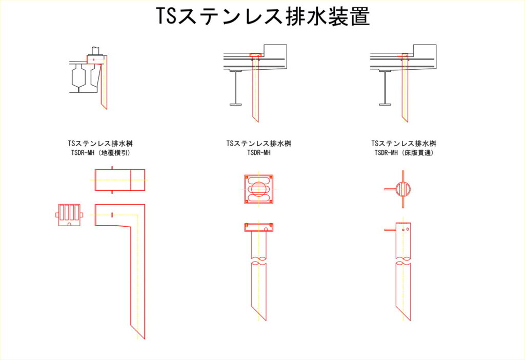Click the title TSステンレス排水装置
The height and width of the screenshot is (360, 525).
click(263, 16)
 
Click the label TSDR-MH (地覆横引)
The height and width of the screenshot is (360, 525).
click(100, 153)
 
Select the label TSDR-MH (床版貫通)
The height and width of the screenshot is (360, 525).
click(404, 153)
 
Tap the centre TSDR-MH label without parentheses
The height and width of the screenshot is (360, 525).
click(259, 153)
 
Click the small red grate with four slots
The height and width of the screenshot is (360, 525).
click(69, 215)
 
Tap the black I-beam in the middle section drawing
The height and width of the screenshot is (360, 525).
click(236, 88)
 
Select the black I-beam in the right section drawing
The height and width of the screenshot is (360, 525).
click(385, 88)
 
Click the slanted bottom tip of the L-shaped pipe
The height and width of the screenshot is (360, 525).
click(144, 338)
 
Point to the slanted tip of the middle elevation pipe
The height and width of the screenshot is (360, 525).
click(265, 320)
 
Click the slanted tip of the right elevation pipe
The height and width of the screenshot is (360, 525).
click(410, 320)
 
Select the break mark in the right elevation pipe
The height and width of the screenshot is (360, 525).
click(403, 260)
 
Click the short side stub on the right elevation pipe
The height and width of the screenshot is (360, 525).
click(390, 230)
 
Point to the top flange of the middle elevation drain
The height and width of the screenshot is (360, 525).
click(258, 224)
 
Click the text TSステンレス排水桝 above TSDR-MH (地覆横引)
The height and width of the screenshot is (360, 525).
click(100, 144)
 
